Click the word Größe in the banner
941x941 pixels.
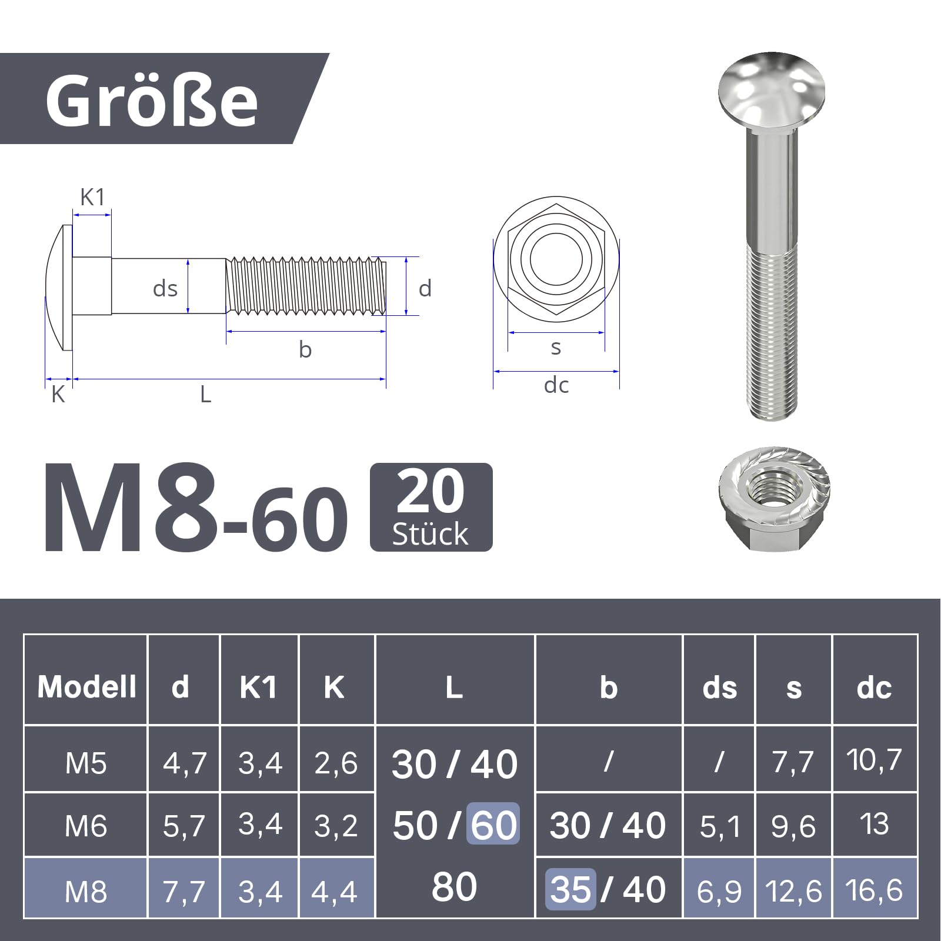[152, 100]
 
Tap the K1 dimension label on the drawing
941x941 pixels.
[92, 198]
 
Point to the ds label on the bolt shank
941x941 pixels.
[165, 289]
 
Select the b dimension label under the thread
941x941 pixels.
[305, 349]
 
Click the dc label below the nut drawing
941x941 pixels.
[556, 385]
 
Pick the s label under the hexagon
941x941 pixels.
[556, 348]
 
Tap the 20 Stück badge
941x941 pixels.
[431, 507]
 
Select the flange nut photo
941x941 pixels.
[774, 499]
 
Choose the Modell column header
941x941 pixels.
[86, 686]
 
